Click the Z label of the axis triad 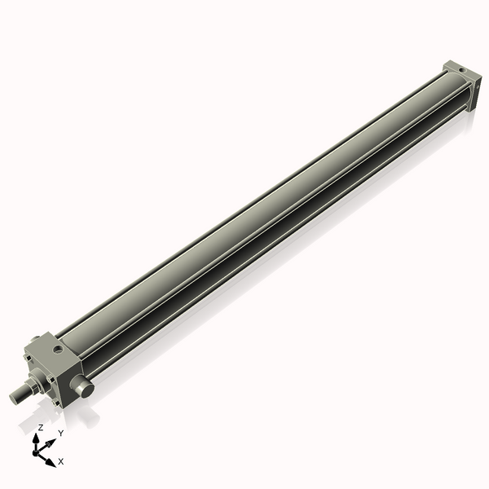click(41, 427)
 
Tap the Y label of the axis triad click(60, 433)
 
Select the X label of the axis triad click(61, 461)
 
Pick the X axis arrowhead click(51, 461)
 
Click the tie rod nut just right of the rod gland click(51, 378)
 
